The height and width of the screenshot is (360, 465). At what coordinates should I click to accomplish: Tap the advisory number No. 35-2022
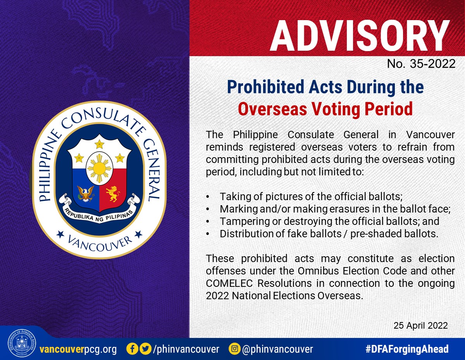[x=421, y=64]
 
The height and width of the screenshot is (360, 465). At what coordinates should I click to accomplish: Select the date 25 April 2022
[x=420, y=326]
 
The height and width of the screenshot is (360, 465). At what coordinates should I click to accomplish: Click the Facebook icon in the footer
[x=132, y=349]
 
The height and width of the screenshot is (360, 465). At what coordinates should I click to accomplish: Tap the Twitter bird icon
[x=146, y=349]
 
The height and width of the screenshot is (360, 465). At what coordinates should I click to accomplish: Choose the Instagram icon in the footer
[x=234, y=349]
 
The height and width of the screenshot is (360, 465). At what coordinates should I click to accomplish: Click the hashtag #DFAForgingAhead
[x=407, y=349]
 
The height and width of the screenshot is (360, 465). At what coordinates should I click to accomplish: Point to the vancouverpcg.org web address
[x=78, y=350]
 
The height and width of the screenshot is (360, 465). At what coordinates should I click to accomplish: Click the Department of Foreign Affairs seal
[x=22, y=343]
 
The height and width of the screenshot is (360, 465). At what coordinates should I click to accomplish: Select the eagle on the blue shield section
[x=86, y=194]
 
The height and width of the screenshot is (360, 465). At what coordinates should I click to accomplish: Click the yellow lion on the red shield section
[x=113, y=194]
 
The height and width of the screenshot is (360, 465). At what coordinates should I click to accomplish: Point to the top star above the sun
[x=100, y=144]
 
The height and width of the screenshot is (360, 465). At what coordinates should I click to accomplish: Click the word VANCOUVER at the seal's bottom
[x=100, y=244]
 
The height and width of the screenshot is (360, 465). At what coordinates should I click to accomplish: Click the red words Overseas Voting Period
[x=325, y=109]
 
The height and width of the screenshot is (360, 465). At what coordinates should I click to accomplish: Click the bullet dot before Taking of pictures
[x=207, y=197]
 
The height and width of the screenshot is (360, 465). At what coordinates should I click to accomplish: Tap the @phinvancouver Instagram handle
[x=278, y=349]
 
